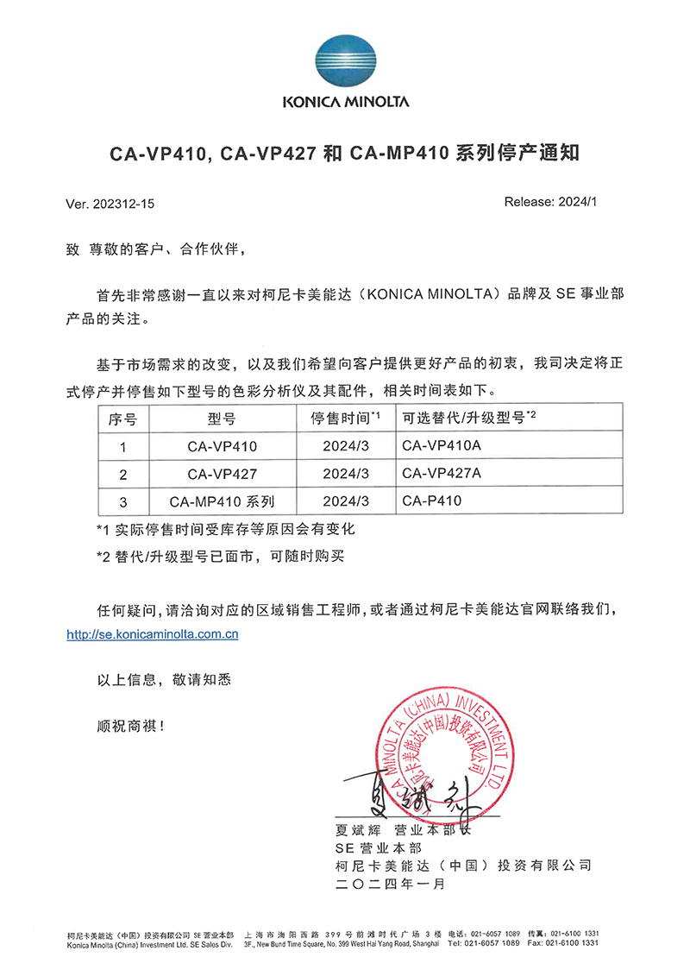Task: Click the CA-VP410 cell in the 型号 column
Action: (223, 447)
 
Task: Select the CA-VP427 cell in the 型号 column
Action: (223, 474)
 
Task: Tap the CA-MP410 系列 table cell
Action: (223, 501)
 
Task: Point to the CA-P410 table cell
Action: (431, 501)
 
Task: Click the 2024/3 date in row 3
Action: (346, 501)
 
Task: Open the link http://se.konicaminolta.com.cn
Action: (153, 634)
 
